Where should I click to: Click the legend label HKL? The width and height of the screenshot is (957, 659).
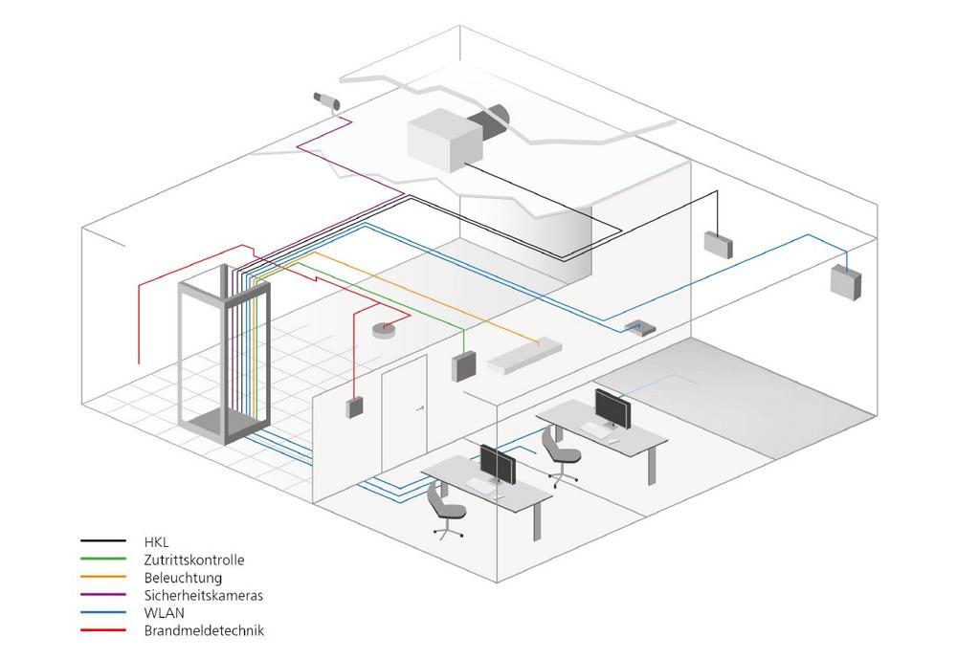tap(156, 542)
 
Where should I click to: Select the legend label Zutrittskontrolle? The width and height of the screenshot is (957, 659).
tap(194, 560)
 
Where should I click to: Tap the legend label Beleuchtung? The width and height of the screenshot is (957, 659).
tap(183, 578)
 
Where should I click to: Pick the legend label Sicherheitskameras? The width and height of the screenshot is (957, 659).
tap(203, 595)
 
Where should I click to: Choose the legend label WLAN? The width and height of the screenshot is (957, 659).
tap(164, 613)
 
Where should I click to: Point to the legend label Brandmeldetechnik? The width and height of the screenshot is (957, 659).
tap(204, 630)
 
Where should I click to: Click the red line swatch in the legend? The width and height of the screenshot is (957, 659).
tap(103, 629)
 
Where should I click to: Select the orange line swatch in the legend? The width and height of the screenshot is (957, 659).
tap(103, 577)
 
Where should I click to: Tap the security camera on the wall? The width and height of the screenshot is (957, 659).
tap(327, 100)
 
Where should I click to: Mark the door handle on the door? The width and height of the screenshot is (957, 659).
tap(420, 408)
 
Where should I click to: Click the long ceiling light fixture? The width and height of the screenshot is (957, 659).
tap(524, 355)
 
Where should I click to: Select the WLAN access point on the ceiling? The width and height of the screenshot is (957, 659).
tap(640, 328)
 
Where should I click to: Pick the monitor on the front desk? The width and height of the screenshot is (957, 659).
tap(498, 465)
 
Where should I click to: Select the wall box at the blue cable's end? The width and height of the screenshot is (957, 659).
tap(845, 282)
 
